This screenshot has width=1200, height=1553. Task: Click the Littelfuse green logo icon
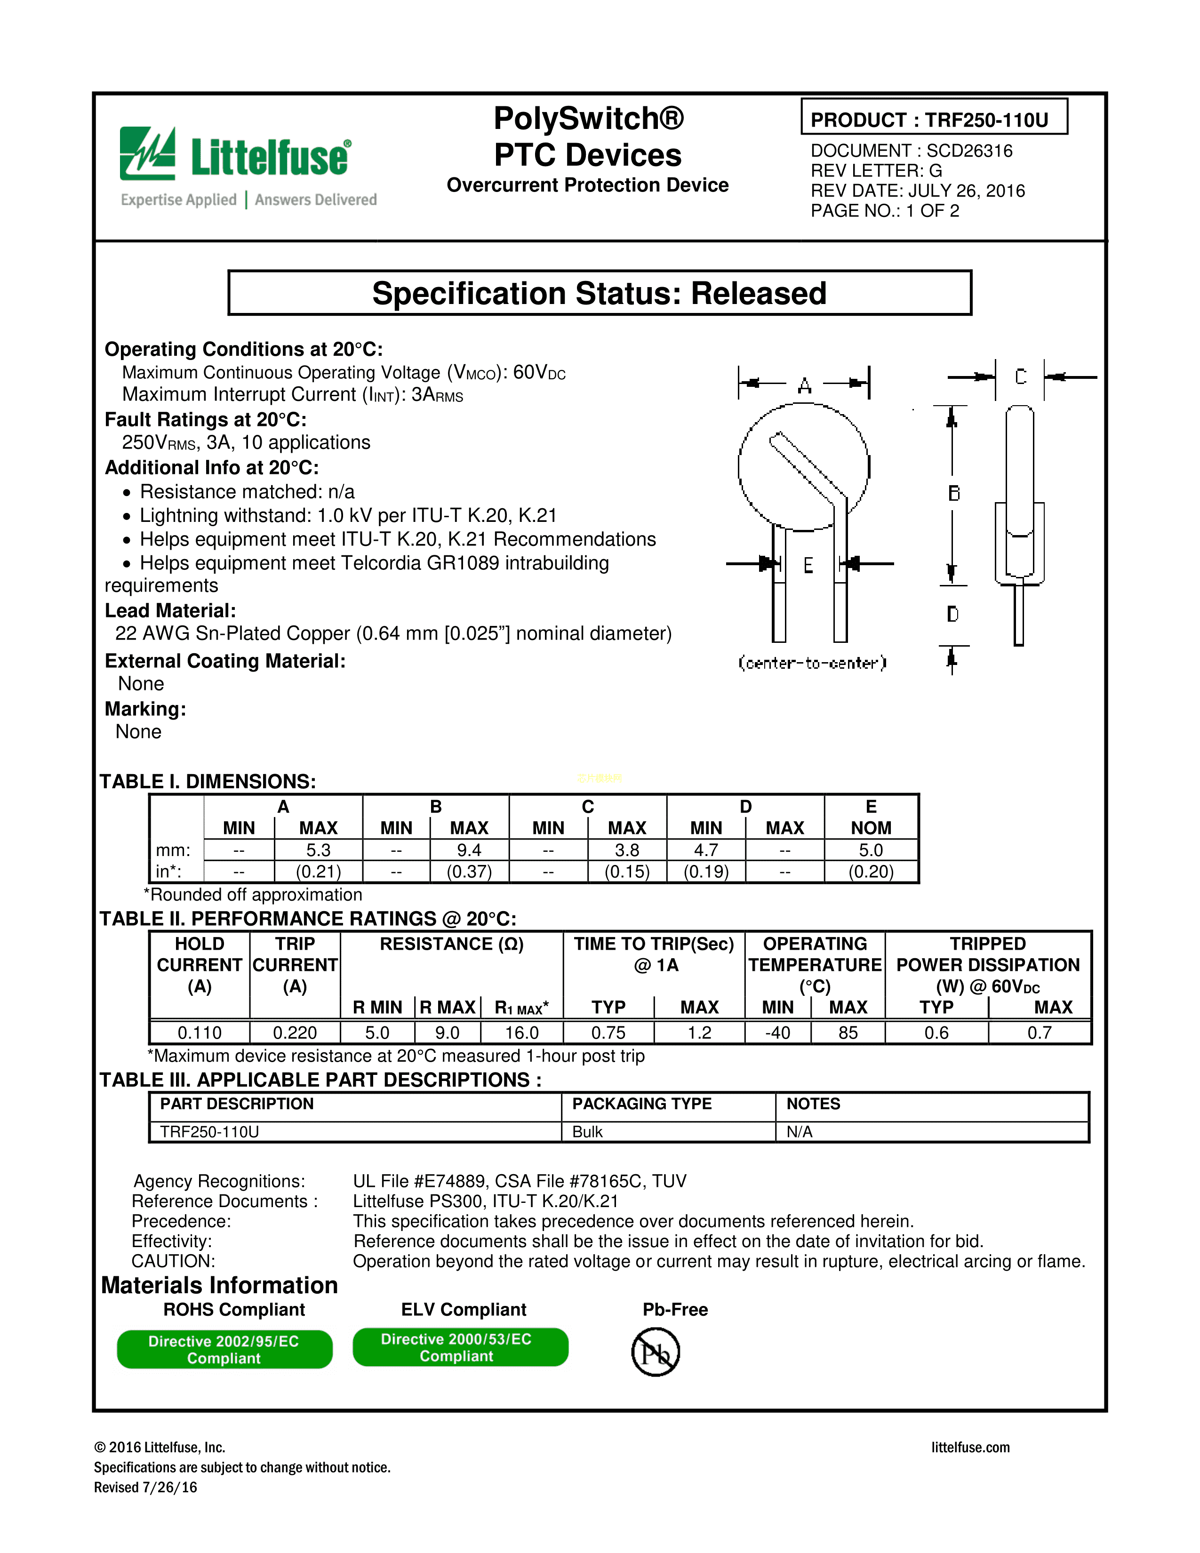point(147,153)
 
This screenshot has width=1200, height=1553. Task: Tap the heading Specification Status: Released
point(599,294)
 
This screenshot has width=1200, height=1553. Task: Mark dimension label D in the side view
point(952,614)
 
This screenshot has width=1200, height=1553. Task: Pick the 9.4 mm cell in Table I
point(469,850)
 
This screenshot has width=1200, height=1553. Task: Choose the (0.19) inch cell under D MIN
point(706,872)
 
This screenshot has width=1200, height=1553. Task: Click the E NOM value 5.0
point(871,850)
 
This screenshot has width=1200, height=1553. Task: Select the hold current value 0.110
point(200,1033)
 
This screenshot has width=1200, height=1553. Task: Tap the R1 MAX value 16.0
point(522,1033)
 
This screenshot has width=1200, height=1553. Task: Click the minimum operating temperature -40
point(778,1033)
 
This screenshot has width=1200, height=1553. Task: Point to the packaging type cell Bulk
point(587,1132)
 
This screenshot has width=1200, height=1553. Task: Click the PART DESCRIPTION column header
point(237,1104)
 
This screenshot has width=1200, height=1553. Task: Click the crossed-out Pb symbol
point(656,1353)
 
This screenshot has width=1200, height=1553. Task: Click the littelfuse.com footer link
point(970,1448)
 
